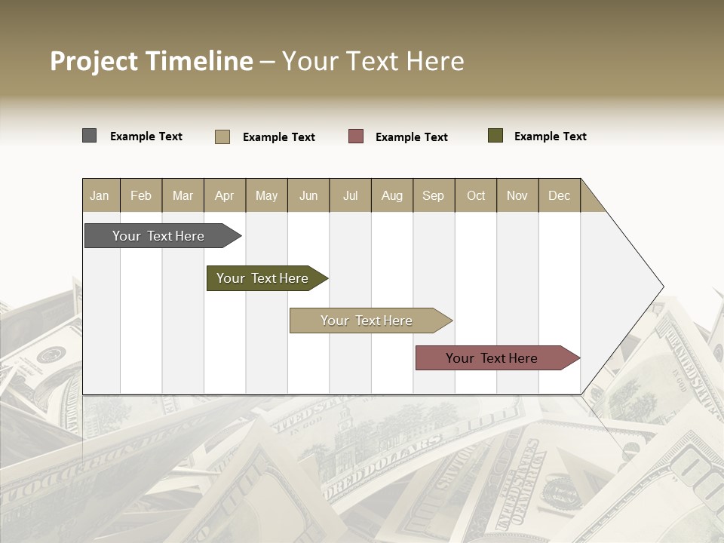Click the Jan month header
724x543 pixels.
(x=100, y=195)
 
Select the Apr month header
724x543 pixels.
(x=224, y=195)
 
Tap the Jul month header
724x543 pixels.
(x=350, y=195)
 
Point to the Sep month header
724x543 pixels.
(x=433, y=195)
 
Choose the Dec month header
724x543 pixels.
(x=559, y=195)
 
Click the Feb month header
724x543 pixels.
(x=141, y=195)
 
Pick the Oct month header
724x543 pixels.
(x=476, y=195)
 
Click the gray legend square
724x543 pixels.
(x=90, y=136)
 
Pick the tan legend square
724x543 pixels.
(x=222, y=137)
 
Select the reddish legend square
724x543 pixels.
(x=356, y=137)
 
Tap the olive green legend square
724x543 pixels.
(x=495, y=136)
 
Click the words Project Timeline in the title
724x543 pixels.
(x=152, y=61)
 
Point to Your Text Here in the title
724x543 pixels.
(x=373, y=61)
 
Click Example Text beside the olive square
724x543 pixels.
(x=550, y=137)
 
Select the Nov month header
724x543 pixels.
(x=517, y=195)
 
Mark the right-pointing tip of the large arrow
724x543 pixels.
(x=662, y=287)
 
